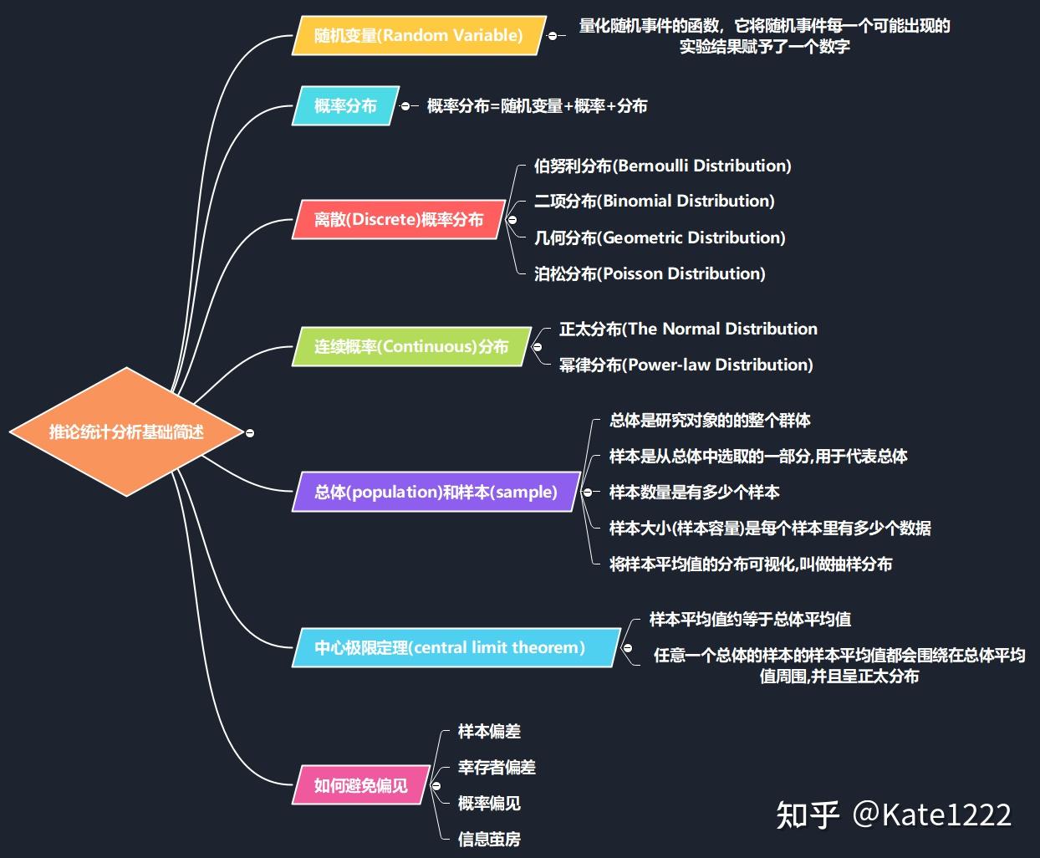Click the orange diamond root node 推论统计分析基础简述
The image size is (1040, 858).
pyautogui.click(x=125, y=432)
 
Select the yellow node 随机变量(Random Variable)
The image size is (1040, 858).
pyautogui.click(x=418, y=36)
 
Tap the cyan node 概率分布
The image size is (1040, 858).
pyautogui.click(x=345, y=106)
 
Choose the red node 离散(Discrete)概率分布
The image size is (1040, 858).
pyautogui.click(x=399, y=220)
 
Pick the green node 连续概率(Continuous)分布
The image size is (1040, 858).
pyautogui.click(x=411, y=347)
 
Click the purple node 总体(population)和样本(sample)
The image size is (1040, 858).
pyautogui.click(x=436, y=492)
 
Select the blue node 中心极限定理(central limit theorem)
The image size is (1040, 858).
pyautogui.click(x=450, y=647)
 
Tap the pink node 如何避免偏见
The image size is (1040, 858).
pyautogui.click(x=361, y=785)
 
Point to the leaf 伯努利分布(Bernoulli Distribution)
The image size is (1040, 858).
pyautogui.click(x=662, y=166)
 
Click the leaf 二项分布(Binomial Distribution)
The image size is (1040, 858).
pyautogui.click(x=654, y=202)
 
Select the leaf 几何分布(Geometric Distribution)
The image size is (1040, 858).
pyautogui.click(x=660, y=237)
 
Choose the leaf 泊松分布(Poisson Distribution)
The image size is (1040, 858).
pyautogui.click(x=650, y=273)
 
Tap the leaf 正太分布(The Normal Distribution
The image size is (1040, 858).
pyautogui.click(x=688, y=329)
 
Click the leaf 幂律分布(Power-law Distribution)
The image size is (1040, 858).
pyautogui.click(x=686, y=365)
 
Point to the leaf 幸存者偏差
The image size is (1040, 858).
pyautogui.click(x=497, y=767)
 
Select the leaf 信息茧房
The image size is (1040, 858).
pyautogui.click(x=489, y=839)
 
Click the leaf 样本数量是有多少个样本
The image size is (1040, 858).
pyautogui.click(x=694, y=492)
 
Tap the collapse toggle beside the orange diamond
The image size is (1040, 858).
pyautogui.click(x=249, y=432)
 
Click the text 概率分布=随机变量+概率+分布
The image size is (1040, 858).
pyautogui.click(x=537, y=106)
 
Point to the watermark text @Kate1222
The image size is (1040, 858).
pyautogui.click(x=931, y=815)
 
